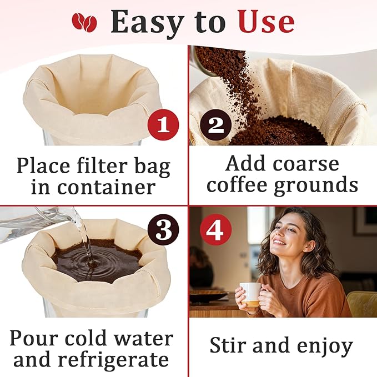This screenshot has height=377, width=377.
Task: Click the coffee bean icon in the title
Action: coord(84,22)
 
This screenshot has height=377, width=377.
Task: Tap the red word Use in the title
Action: coord(266,22)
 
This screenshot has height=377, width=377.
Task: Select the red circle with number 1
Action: coord(163,125)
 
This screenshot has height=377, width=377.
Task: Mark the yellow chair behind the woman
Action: coord(360,303)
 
